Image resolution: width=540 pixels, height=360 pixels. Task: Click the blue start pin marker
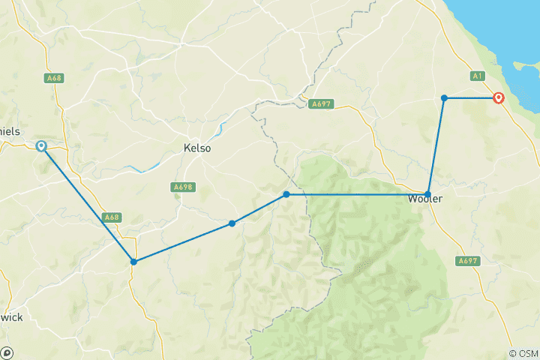41,146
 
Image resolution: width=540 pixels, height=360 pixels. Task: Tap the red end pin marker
498,97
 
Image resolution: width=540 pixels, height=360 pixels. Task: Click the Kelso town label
197,148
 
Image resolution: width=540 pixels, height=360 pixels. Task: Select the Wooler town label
426,200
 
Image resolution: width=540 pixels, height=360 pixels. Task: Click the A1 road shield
478,76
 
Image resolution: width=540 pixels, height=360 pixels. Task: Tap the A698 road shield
182,187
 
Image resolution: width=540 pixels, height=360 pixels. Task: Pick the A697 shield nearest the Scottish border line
321,103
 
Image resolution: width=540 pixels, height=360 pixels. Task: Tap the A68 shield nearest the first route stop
111,217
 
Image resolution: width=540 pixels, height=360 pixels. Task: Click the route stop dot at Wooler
427,193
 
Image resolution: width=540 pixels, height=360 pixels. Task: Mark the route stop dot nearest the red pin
444,97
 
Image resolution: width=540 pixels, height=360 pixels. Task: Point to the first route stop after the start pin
133,262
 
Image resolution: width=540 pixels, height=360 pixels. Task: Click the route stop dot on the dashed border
286,194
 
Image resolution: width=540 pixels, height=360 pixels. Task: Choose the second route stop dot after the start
232,223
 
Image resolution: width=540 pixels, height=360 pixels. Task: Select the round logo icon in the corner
7,352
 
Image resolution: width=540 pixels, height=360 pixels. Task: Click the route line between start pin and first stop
87,204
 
